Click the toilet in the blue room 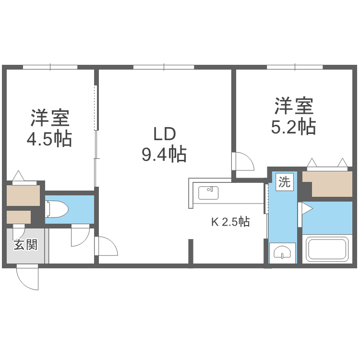point(57,209)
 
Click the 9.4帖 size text point(164,155)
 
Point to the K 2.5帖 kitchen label point(230,222)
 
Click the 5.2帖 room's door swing point(244,161)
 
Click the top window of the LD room point(163,67)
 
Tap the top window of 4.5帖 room point(50,67)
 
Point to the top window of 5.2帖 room point(294,67)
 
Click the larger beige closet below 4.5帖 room point(23,195)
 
